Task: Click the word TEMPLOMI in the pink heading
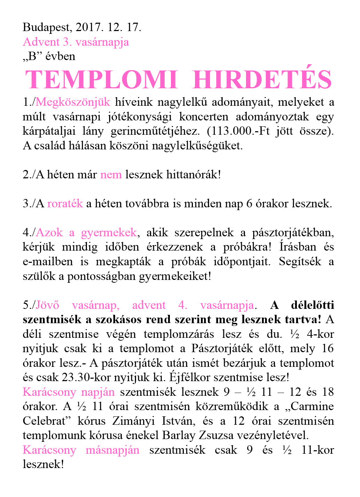click(102, 80)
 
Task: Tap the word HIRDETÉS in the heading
click(262, 80)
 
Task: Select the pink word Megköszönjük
click(73, 102)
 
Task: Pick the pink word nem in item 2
click(111, 175)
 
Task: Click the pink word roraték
click(65, 203)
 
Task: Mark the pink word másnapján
click(112, 450)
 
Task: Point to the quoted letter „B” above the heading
click(32, 57)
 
